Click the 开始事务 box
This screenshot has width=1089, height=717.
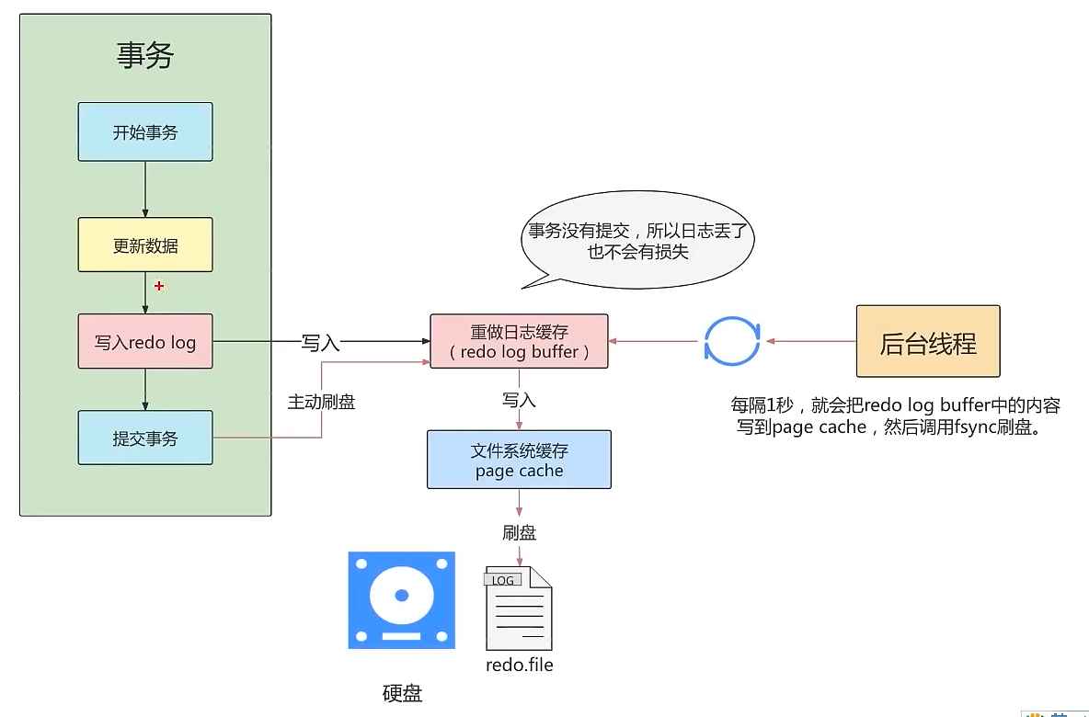pos(145,132)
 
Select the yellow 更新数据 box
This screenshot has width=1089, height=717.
pos(145,245)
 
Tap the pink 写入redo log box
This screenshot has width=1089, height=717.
pos(145,342)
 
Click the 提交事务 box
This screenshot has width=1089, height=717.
pos(145,438)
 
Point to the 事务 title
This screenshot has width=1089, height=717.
pos(145,56)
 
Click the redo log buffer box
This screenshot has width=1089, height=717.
pos(519,342)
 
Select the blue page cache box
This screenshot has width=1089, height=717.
pos(519,460)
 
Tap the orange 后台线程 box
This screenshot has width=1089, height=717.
pos(927,342)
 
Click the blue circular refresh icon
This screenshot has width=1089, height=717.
pos(732,342)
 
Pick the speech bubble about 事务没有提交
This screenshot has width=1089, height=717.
pos(637,239)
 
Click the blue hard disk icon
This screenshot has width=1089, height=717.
pos(401,600)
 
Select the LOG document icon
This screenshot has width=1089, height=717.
pos(519,608)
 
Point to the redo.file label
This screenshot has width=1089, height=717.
pos(520,665)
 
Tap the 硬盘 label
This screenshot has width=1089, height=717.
pos(402,693)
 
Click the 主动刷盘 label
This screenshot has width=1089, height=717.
pos(321,402)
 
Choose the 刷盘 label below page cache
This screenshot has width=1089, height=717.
pos(519,533)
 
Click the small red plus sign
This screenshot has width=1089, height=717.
pos(159,287)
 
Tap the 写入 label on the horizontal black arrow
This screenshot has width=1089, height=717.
pos(321,343)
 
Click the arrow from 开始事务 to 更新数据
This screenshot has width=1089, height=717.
pos(145,189)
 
